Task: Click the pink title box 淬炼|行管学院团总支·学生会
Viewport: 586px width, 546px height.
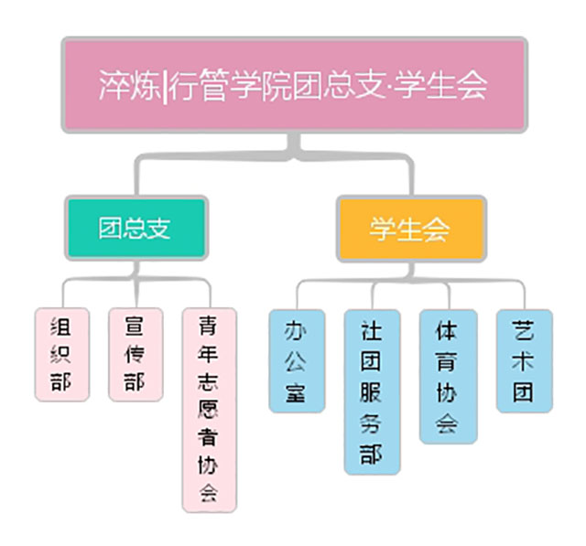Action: [294, 84]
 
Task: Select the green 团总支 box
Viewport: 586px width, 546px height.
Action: [136, 228]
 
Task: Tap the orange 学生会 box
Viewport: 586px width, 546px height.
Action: [409, 228]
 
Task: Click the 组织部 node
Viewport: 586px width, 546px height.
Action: [62, 354]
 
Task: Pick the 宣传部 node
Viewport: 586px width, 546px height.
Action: [135, 354]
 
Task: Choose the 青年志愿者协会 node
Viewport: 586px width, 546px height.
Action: [208, 410]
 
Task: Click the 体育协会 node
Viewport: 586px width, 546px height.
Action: [447, 376]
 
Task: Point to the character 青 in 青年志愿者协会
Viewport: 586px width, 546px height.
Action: [208, 326]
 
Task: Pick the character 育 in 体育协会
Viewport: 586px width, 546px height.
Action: [447, 360]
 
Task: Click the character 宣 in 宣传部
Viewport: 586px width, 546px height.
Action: [135, 325]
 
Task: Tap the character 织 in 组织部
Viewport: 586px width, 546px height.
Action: [62, 354]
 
